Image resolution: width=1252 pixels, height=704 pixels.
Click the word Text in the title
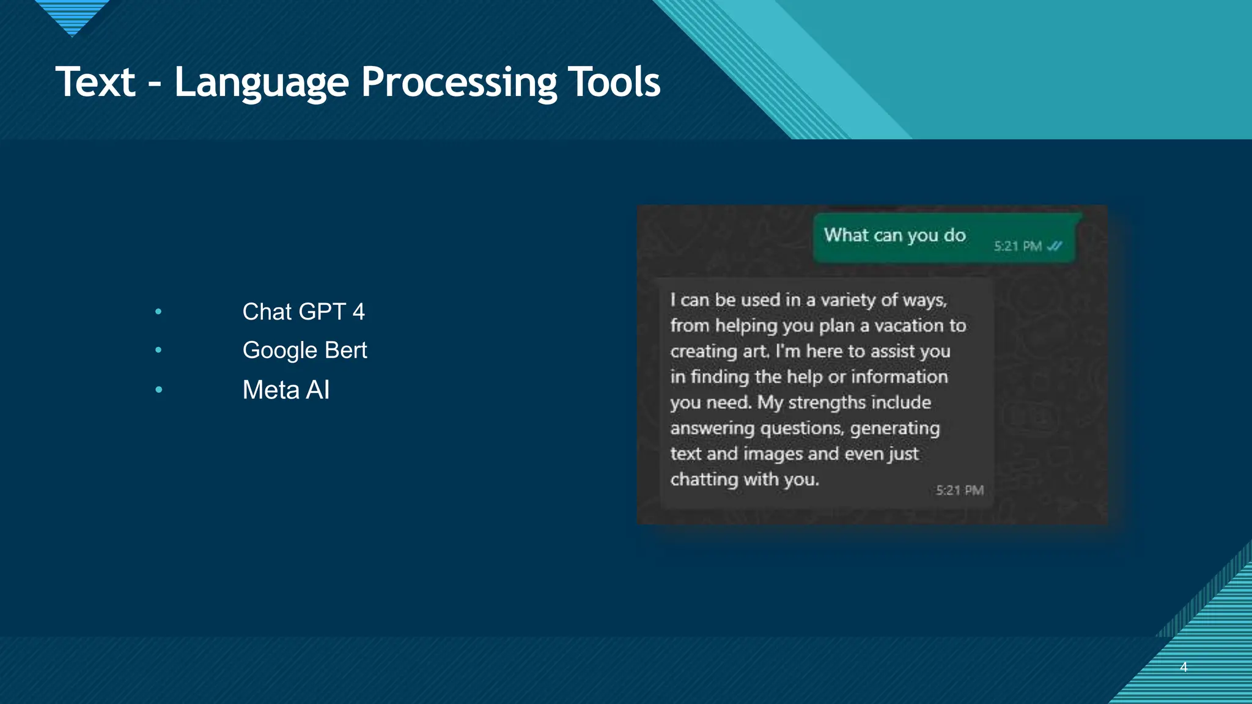[95, 82]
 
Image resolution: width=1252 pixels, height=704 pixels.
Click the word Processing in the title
[458, 82]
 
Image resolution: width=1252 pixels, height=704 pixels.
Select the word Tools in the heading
[614, 82]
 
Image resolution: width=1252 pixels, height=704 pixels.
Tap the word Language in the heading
[261, 82]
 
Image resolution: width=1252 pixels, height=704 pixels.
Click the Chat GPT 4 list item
[303, 312]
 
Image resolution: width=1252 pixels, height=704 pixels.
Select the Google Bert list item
[304, 350]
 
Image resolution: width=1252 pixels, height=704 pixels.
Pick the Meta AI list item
[285, 390]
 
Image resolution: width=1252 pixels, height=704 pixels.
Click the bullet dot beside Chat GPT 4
[158, 312]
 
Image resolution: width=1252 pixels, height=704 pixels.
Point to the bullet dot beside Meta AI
[158, 389]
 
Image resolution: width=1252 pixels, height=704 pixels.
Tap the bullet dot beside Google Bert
[158, 350]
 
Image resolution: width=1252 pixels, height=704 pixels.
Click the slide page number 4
[1184, 667]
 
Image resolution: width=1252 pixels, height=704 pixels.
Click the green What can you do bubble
[895, 236]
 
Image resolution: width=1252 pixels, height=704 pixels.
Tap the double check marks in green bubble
[1055, 246]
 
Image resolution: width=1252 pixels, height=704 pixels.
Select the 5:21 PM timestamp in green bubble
[1017, 246]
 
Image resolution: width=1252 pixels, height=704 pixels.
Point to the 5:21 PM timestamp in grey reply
[959, 490]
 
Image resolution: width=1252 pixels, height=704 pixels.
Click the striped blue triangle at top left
[72, 15]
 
